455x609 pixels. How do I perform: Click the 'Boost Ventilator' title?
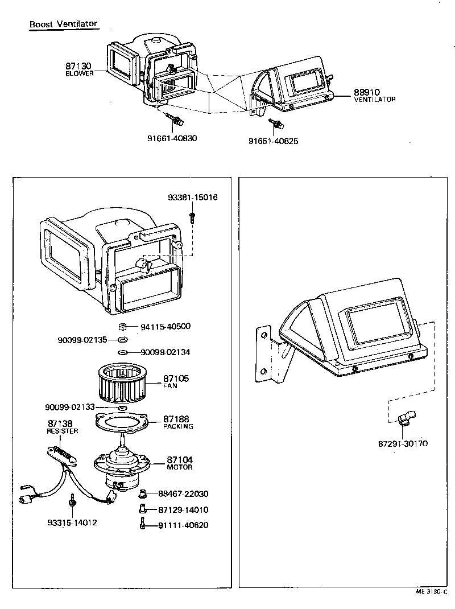[x=64, y=24]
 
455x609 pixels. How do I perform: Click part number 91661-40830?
[x=172, y=138]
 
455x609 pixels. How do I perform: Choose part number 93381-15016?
[x=192, y=197]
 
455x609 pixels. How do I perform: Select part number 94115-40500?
[x=165, y=327]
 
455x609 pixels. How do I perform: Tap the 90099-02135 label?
[x=82, y=340]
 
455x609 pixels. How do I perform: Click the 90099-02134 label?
[x=165, y=352]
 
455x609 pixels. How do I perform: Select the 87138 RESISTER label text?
[x=62, y=427]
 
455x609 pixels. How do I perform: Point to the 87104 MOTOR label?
[x=180, y=463]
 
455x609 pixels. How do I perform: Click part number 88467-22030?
[x=183, y=494]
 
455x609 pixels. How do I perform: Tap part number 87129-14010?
[x=183, y=510]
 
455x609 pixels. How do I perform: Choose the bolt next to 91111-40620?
[x=143, y=525]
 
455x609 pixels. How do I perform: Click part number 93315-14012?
[x=72, y=522]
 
